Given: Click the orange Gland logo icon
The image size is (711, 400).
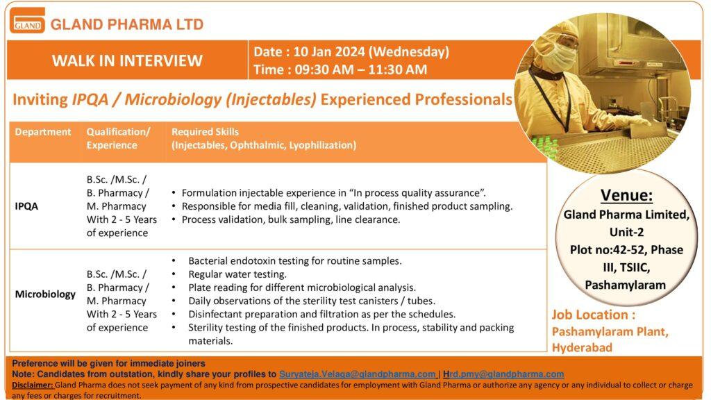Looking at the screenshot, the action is (27, 21).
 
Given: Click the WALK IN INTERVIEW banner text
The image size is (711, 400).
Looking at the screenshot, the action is (127, 60).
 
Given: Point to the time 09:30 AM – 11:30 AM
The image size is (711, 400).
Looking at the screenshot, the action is (360, 69).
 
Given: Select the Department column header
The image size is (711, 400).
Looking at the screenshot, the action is (43, 132).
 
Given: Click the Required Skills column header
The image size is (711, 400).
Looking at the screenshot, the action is (205, 132).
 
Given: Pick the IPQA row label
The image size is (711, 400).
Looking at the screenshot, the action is (26, 206).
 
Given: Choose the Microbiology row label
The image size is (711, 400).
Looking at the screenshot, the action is (45, 294).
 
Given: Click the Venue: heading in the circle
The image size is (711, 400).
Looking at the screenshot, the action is (627, 195).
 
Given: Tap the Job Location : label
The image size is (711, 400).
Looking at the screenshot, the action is (594, 315).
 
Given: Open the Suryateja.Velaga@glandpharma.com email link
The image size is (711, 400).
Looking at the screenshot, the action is (358, 374).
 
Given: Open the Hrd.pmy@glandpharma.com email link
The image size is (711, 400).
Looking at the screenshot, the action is (503, 374).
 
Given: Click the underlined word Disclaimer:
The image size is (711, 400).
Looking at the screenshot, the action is (33, 385).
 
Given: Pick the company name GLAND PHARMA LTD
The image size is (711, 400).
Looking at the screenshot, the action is (127, 24).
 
